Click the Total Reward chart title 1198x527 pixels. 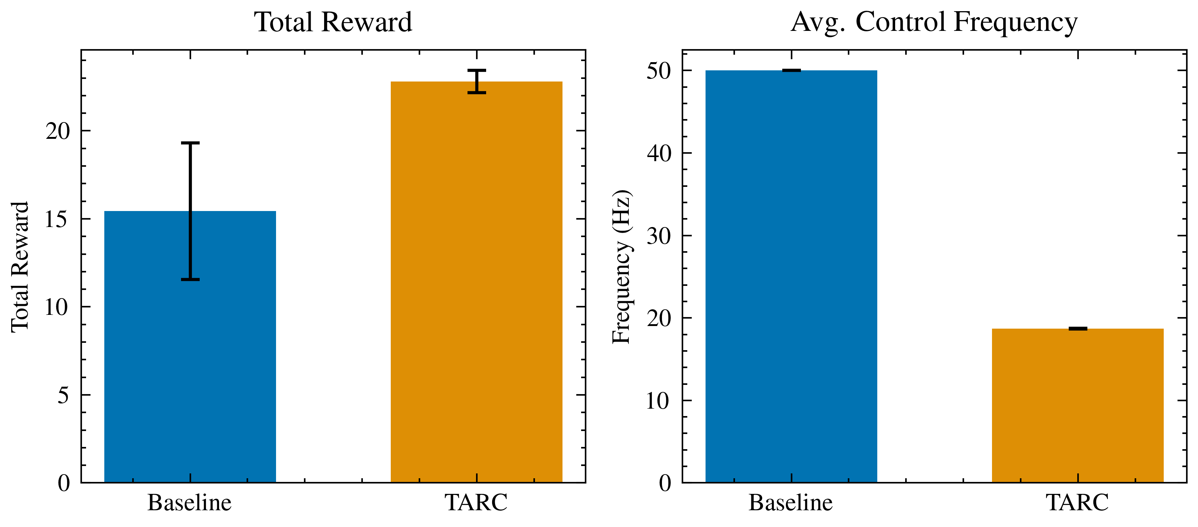pos(333,22)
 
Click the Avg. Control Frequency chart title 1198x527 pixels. pos(934,22)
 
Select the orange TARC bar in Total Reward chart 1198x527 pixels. pos(476,288)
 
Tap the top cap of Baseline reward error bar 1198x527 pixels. pos(190,143)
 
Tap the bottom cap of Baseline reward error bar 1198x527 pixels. pos(190,279)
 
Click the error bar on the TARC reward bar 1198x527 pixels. pos(477,82)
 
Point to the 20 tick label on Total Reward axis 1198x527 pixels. pos(58,131)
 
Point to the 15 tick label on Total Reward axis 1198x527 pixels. pos(57,219)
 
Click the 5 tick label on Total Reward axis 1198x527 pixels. pos(63,396)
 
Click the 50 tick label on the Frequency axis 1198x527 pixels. pos(659,71)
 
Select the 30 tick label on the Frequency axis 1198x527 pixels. pos(659,236)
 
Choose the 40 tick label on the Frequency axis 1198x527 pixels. pos(659,153)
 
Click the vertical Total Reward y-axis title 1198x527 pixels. pos(20,267)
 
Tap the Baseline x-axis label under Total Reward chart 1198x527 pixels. pos(189,503)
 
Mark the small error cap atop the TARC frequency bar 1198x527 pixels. pos(1078,329)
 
